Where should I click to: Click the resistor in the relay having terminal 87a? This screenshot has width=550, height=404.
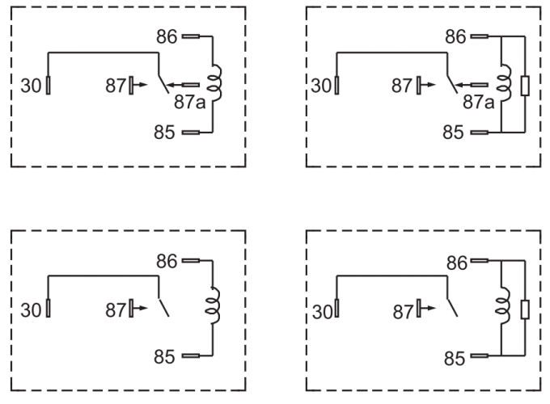pyautogui.click(x=526, y=85)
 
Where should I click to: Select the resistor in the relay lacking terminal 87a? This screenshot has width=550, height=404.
pyautogui.click(x=526, y=309)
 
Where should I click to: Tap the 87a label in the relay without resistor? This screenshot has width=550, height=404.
pyautogui.click(x=188, y=103)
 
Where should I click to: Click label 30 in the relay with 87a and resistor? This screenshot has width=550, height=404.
pyautogui.click(x=319, y=84)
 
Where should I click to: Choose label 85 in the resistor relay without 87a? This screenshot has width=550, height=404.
pyautogui.click(x=454, y=356)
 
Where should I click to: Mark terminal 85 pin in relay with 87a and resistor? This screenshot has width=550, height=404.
pyautogui.click(x=479, y=132)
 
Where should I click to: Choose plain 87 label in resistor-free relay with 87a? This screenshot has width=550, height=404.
pyautogui.click(x=116, y=84)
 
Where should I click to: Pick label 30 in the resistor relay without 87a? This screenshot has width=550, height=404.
pyautogui.click(x=319, y=309)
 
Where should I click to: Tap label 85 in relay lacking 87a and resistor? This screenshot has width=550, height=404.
pyautogui.click(x=165, y=356)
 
